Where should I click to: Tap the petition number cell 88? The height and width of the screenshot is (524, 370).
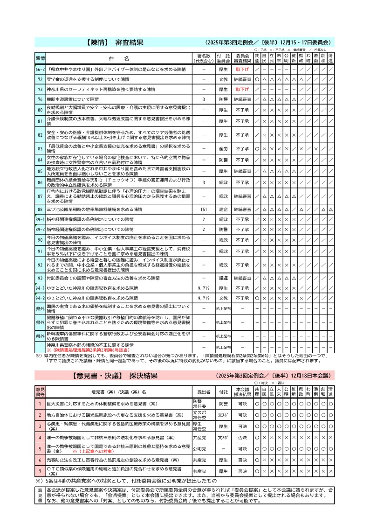coord(40,210)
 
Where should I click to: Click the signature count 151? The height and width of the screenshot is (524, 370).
coord(204,210)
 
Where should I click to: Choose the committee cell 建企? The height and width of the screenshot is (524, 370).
coord(223,210)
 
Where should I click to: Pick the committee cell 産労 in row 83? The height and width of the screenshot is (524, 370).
coord(223,148)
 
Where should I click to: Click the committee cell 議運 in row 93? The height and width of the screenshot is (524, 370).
coord(223,278)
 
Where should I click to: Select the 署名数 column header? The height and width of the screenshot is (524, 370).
coord(204,58)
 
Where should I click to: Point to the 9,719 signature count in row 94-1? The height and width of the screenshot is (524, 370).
coord(204,288)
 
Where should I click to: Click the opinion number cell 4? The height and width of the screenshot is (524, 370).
coord(40,437)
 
